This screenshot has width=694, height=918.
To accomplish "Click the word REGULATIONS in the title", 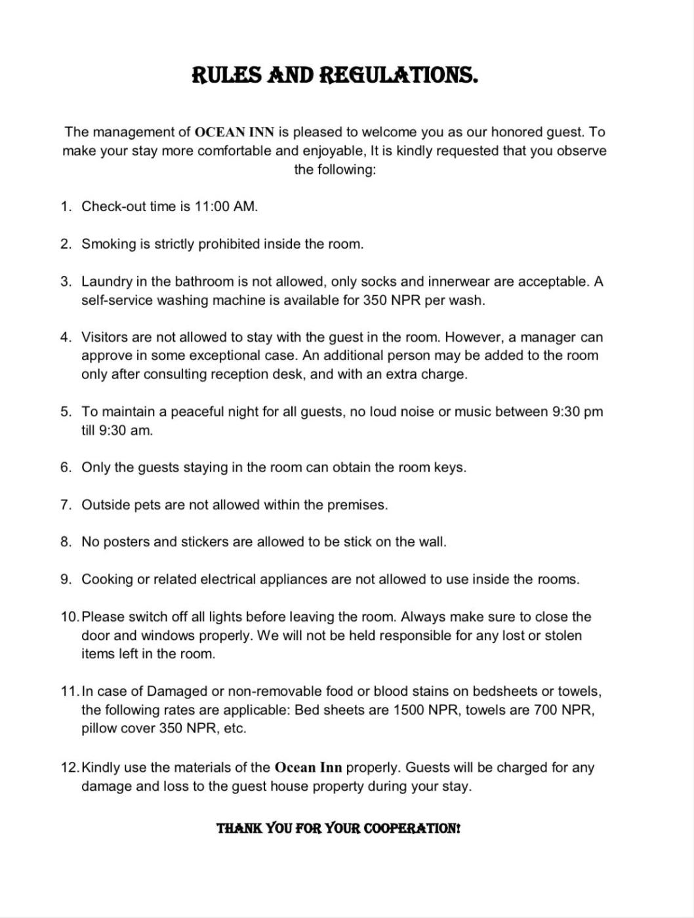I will pos(398,75).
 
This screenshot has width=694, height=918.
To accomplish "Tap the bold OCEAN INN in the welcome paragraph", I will pos(234,132).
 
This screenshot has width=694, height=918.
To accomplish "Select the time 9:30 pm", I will pos(577,412).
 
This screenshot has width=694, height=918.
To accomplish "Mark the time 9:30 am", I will pos(125,430).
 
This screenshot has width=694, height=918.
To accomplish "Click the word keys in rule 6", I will pos(449,468).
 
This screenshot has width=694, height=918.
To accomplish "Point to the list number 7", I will pos(65,505).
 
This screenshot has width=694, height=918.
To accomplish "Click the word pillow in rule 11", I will pos(100,728).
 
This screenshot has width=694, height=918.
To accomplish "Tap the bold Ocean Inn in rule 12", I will pos(308,767).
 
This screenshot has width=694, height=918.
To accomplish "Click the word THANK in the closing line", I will pos(239,828).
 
